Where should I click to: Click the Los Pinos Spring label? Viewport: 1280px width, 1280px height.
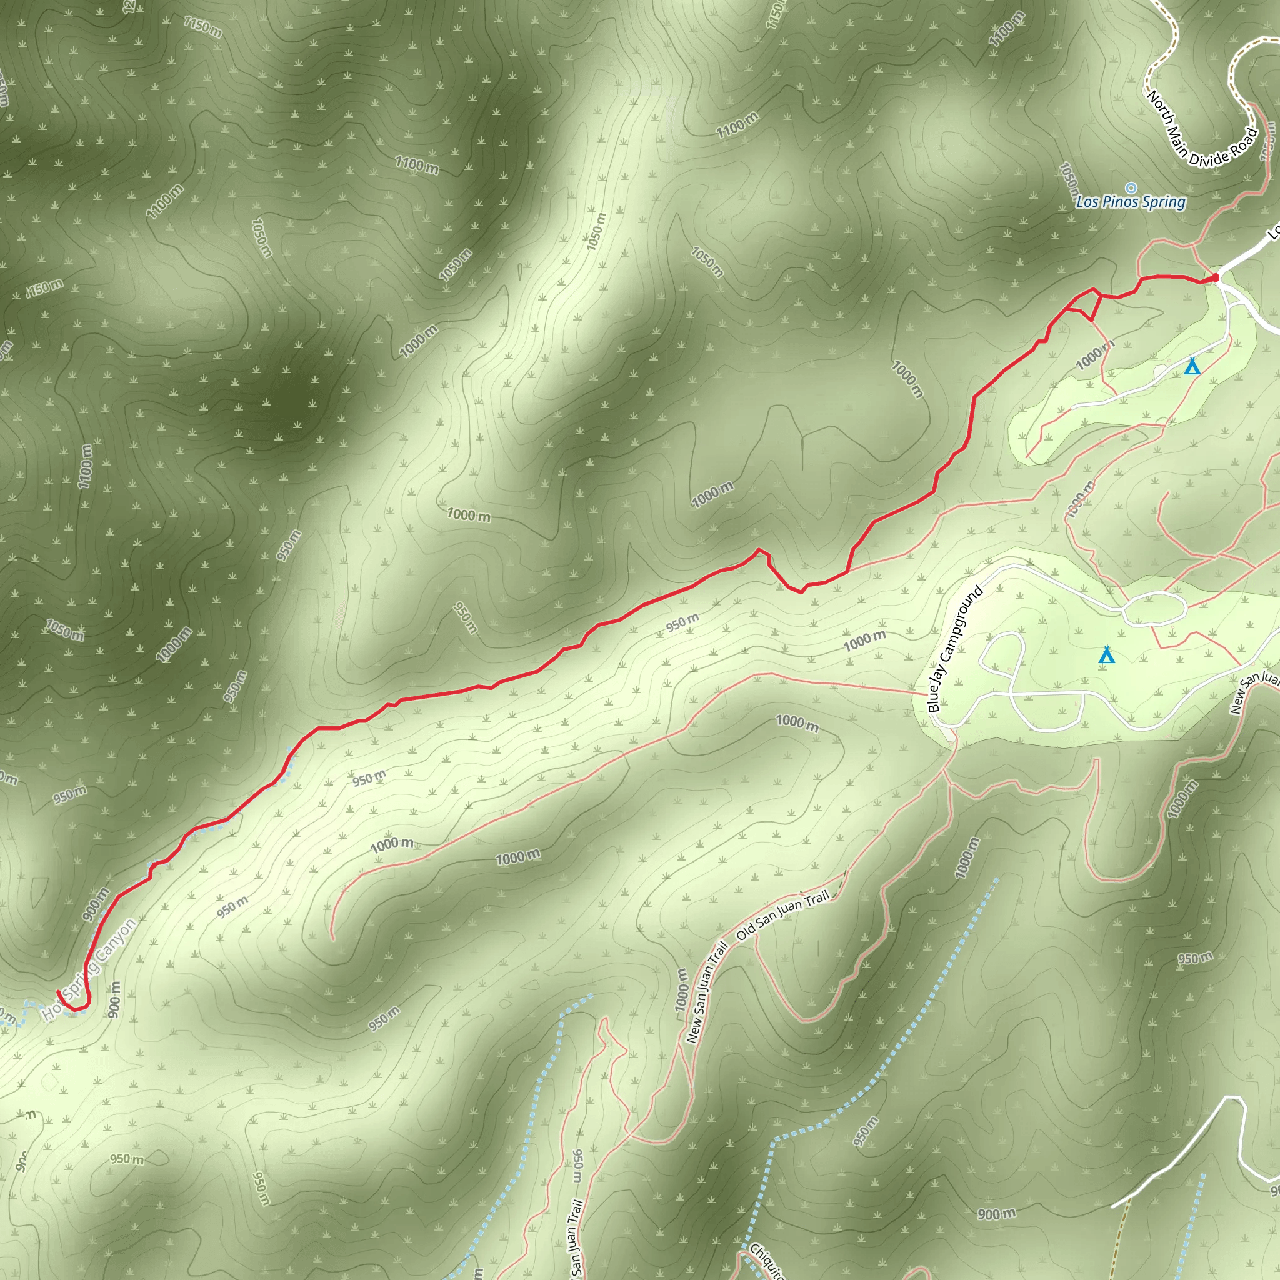pos(1130,201)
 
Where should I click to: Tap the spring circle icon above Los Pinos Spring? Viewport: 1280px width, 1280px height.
pos(1131,188)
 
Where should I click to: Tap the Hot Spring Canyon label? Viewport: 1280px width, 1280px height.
pos(89,969)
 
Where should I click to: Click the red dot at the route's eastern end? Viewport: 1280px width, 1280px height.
pos(1215,277)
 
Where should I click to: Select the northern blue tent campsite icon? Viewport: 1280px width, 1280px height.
pos(1192,366)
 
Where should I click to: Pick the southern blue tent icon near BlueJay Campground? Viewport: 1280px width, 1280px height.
pos(1106,655)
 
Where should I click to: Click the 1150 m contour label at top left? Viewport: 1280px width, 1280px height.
pos(202,27)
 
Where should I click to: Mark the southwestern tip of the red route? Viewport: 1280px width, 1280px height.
pos(59,992)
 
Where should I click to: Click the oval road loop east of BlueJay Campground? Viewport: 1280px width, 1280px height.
pos(1154,608)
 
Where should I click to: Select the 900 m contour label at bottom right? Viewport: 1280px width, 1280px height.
pos(996,1213)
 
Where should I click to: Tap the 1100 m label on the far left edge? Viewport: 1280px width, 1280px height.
pos(85,466)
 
